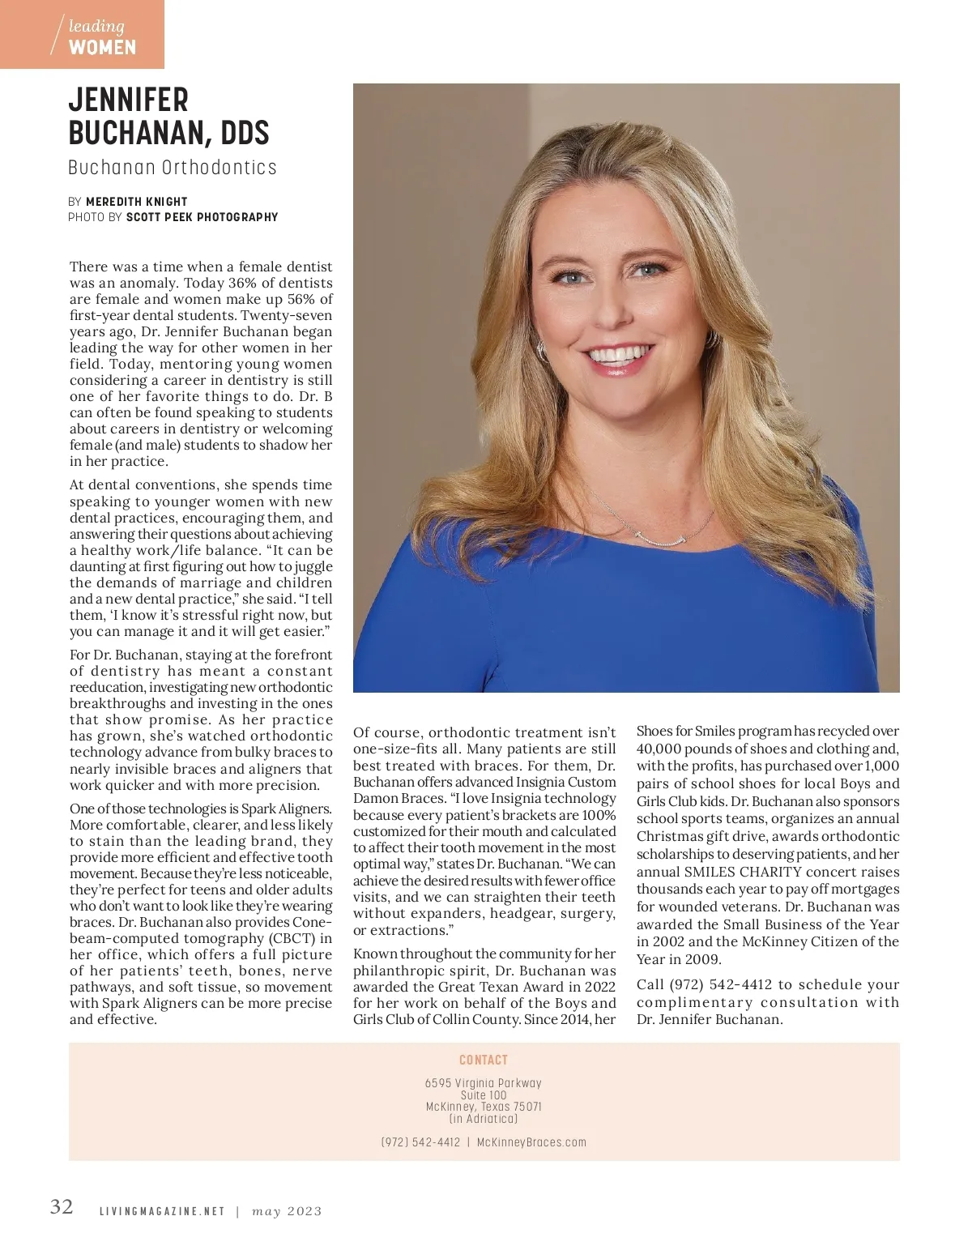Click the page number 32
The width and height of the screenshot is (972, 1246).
coord(62,1206)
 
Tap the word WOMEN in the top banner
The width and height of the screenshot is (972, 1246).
coord(102,47)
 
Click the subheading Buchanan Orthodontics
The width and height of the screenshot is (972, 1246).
coord(172,168)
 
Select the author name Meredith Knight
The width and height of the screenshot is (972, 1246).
coord(136,202)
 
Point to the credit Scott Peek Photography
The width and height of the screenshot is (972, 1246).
coord(202,217)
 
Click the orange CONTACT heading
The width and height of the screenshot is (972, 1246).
coord(484,1060)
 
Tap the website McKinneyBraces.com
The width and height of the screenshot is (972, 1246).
coord(531,1142)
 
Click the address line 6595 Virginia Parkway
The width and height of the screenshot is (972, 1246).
coord(484,1083)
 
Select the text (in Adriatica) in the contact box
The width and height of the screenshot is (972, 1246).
coord(484,1119)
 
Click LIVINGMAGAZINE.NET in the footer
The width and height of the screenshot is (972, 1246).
coord(161,1212)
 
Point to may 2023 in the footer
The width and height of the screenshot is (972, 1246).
coord(287,1212)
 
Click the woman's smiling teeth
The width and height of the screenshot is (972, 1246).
coord(620,355)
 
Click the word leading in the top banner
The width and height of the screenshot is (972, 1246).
coord(96,28)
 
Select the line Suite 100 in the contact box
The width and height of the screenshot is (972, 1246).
coord(484,1095)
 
